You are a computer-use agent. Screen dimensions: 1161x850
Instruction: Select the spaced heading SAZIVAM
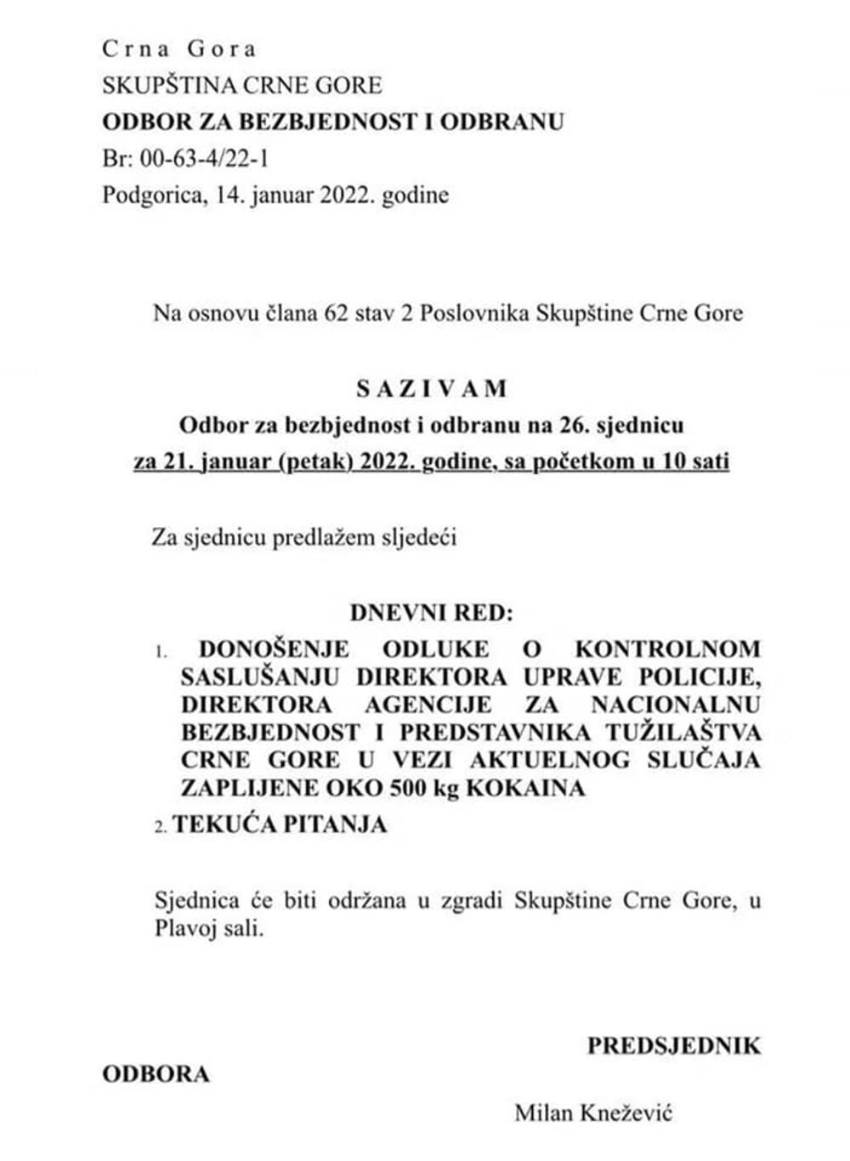pyautogui.click(x=432, y=388)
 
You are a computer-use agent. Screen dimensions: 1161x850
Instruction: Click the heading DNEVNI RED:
pyautogui.click(x=432, y=613)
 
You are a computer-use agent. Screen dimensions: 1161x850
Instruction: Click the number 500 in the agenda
pyautogui.click(x=407, y=788)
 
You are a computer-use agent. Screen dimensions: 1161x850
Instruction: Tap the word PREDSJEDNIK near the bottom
pyautogui.click(x=674, y=1045)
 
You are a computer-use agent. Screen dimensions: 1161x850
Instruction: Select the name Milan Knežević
pyautogui.click(x=593, y=1112)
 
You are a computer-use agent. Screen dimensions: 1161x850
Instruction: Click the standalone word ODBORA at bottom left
pyautogui.click(x=156, y=1074)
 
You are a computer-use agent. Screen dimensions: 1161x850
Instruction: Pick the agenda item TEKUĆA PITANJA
pyautogui.click(x=280, y=824)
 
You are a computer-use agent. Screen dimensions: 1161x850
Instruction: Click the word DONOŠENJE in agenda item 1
pyautogui.click(x=274, y=649)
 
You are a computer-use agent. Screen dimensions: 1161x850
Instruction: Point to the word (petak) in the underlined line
pyautogui.click(x=314, y=462)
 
